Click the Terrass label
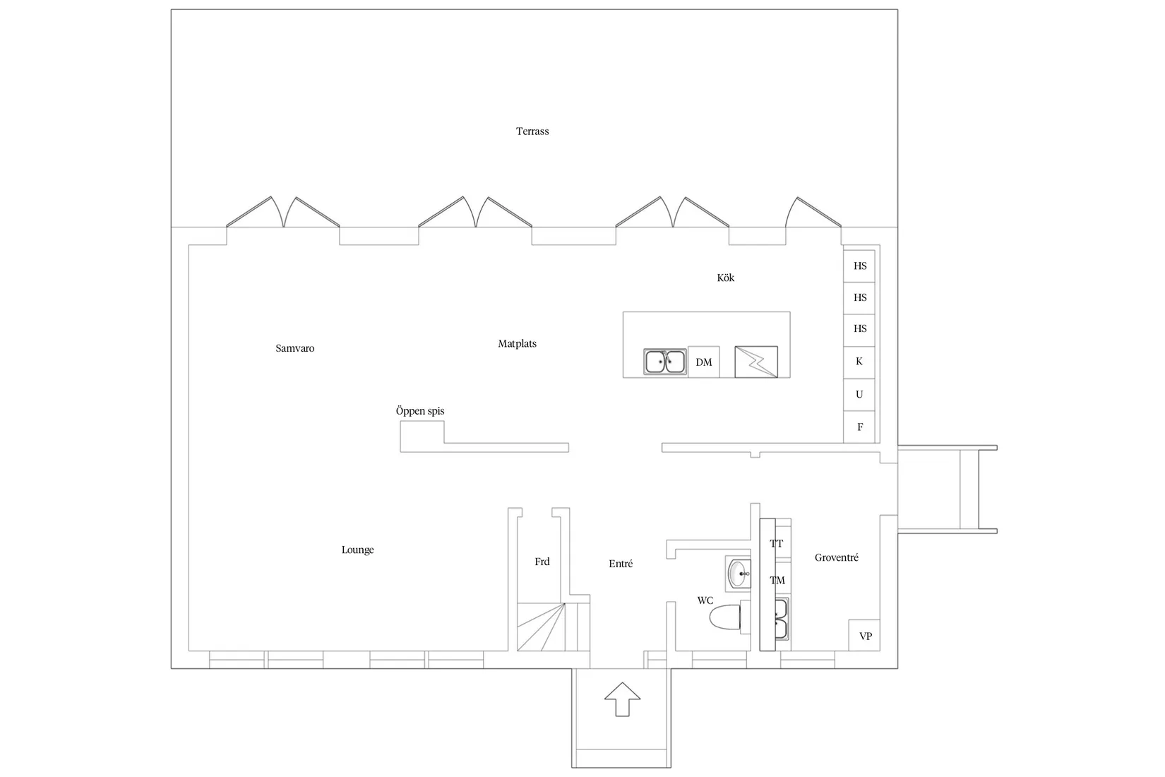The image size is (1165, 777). tap(532, 131)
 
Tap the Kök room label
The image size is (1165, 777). tap(726, 278)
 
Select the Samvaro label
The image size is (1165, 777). tap(295, 348)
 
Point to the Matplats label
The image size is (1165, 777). tap(517, 343)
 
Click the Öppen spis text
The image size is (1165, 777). tap(420, 410)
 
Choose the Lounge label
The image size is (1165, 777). tap(358, 550)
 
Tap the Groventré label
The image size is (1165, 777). tap(836, 557)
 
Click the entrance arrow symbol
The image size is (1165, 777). tap(622, 699)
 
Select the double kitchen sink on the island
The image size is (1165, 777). tap(665, 362)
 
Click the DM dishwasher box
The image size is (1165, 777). tap(704, 362)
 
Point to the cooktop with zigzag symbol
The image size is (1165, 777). tap(756, 362)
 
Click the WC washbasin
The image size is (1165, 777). tap(739, 574)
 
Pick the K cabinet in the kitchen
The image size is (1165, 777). tap(859, 362)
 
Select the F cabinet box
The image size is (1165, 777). tap(859, 427)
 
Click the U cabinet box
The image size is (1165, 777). tap(859, 394)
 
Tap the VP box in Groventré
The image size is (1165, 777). tap(864, 636)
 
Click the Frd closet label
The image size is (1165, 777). tap(542, 562)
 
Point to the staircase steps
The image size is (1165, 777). tap(541, 627)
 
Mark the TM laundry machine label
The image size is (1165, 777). tap(777, 581)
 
